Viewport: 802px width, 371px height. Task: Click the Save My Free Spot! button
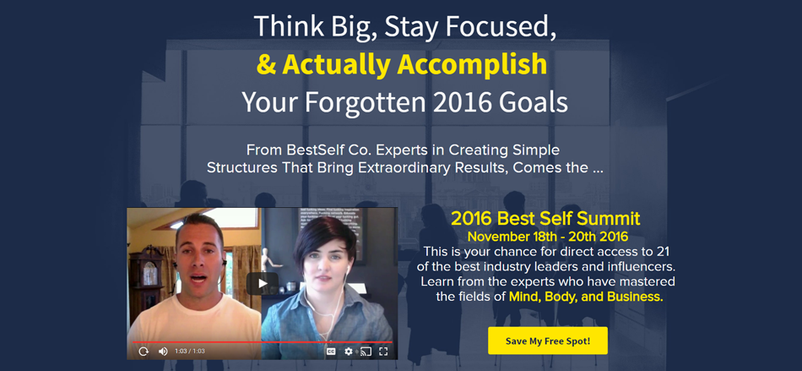click(x=548, y=341)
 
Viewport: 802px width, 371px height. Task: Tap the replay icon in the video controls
click(x=144, y=352)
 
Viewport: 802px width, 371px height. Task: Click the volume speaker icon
click(x=163, y=352)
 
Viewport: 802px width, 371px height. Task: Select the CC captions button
click(x=331, y=352)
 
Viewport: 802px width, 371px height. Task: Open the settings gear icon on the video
click(x=349, y=352)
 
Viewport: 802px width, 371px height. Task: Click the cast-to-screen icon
click(x=366, y=352)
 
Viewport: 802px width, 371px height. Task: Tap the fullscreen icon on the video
click(x=383, y=352)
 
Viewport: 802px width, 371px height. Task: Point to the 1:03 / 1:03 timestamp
click(x=190, y=352)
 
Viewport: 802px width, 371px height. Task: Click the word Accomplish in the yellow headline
click(x=472, y=65)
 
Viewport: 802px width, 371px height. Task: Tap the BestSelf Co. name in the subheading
click(x=310, y=150)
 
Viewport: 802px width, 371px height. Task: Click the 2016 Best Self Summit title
click(x=545, y=219)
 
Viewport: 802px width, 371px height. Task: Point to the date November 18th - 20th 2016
click(x=548, y=237)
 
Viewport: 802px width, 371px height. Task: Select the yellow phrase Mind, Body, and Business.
click(x=586, y=297)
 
